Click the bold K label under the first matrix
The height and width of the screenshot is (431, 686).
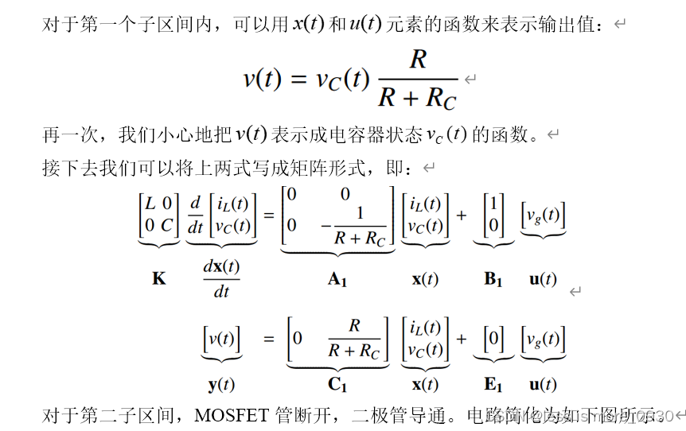pyautogui.click(x=159, y=279)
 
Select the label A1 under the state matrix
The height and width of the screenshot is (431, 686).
pyautogui.click(x=338, y=279)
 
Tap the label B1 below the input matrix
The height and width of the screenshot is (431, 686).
pyautogui.click(x=494, y=279)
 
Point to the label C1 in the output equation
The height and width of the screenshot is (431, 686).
pyautogui.click(x=338, y=385)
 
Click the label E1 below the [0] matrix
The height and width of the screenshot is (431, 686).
pyautogui.click(x=494, y=385)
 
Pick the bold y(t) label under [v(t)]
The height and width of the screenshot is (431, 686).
pyautogui.click(x=221, y=385)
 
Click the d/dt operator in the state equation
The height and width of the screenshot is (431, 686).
pyautogui.click(x=195, y=215)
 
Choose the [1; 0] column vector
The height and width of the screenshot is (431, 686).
pyautogui.click(x=493, y=215)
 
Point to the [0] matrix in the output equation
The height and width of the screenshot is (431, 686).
pyautogui.click(x=493, y=339)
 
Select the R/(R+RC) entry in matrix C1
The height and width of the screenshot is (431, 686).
pyautogui.click(x=354, y=339)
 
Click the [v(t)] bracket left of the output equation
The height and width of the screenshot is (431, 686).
pyautogui.click(x=221, y=339)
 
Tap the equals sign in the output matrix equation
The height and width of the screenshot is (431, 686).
pyautogui.click(x=268, y=339)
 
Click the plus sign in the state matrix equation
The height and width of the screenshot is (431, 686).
pyautogui.click(x=462, y=215)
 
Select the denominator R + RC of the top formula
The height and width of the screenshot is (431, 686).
pyautogui.click(x=417, y=98)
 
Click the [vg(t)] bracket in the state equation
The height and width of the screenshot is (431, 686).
pyautogui.click(x=543, y=215)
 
